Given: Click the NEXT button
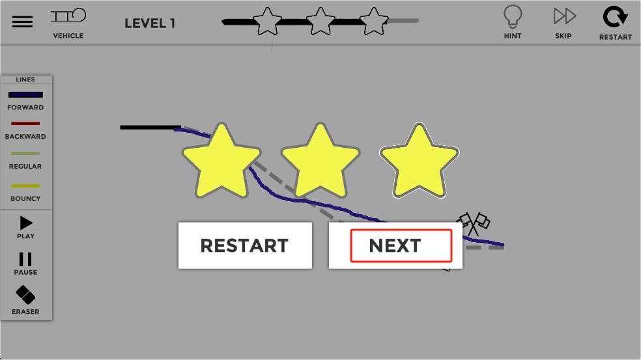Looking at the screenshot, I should tap(395, 245).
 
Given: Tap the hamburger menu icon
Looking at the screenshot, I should tap(22, 21).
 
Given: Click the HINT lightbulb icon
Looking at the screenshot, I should tap(513, 16).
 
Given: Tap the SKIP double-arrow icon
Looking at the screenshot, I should tap(564, 16).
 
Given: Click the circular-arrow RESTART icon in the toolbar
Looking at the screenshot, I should tap(615, 17).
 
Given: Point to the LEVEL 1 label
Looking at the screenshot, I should tap(150, 23).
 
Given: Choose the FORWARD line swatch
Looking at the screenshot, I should tap(25, 95).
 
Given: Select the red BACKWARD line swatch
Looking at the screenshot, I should tap(25, 124).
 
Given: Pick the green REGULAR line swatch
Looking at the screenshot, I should tap(25, 154).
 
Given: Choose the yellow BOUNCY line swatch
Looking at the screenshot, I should tap(25, 186).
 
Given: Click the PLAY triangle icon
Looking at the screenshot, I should tap(26, 223).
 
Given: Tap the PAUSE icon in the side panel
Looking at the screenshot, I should tap(25, 260).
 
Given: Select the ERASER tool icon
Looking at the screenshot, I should tap(25, 296).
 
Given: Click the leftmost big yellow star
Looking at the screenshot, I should tap(222, 163).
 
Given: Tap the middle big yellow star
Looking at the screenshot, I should tap(320, 163).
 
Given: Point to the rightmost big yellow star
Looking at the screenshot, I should tap(419, 163).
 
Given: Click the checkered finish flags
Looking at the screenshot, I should tap(474, 223).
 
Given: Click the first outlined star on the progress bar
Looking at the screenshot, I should tap(267, 21).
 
